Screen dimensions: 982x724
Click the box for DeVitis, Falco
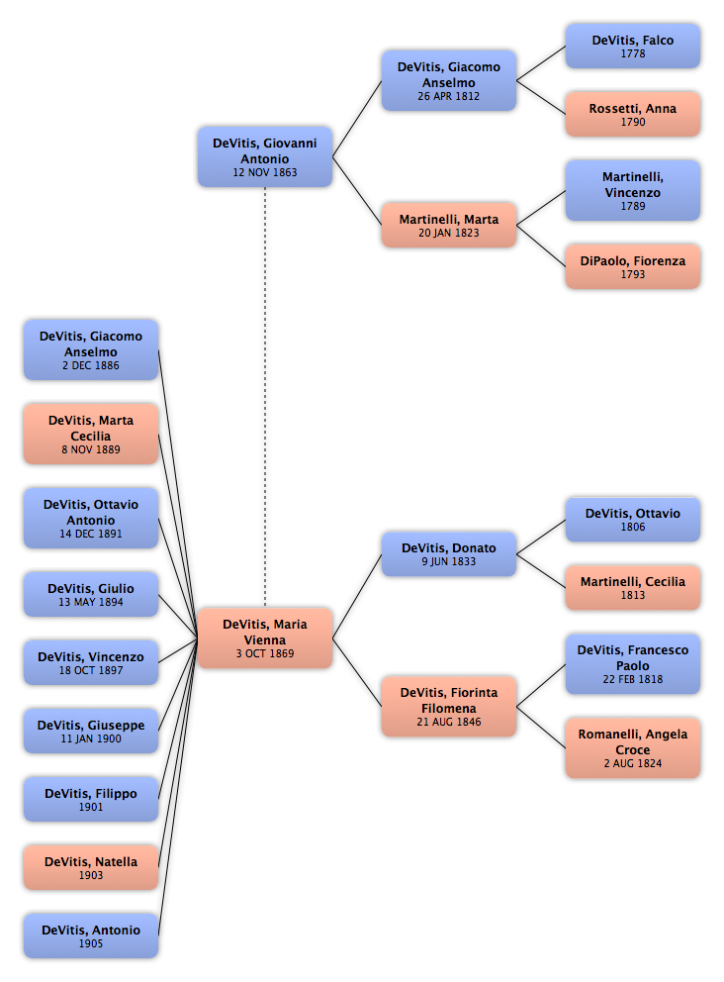coord(632,46)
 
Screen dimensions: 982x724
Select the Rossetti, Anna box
coord(632,114)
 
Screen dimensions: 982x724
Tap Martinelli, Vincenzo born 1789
coord(632,190)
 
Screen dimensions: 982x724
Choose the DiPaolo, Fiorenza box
coord(632,266)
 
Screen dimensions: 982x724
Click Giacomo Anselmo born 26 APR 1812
coord(448,80)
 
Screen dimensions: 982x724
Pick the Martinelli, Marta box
coord(448,225)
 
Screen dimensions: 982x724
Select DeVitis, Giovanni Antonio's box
coord(264,156)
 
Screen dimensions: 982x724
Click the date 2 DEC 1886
coord(91,366)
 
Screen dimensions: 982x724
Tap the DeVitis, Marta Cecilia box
coord(91,434)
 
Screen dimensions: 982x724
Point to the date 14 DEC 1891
coord(91,535)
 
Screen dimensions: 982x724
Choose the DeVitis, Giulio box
coord(91,594)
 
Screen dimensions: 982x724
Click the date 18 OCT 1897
coord(91,671)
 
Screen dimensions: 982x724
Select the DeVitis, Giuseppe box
coord(91,731)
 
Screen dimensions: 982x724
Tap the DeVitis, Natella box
coord(91,867)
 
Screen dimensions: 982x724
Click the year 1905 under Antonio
coord(91,944)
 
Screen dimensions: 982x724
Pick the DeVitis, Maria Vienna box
coord(264,638)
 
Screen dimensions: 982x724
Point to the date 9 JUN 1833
coord(448,562)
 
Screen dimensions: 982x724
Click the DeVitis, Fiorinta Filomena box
coord(448,706)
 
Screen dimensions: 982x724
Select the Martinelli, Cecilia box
coord(632,587)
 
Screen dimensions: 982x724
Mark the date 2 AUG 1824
coord(632,764)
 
